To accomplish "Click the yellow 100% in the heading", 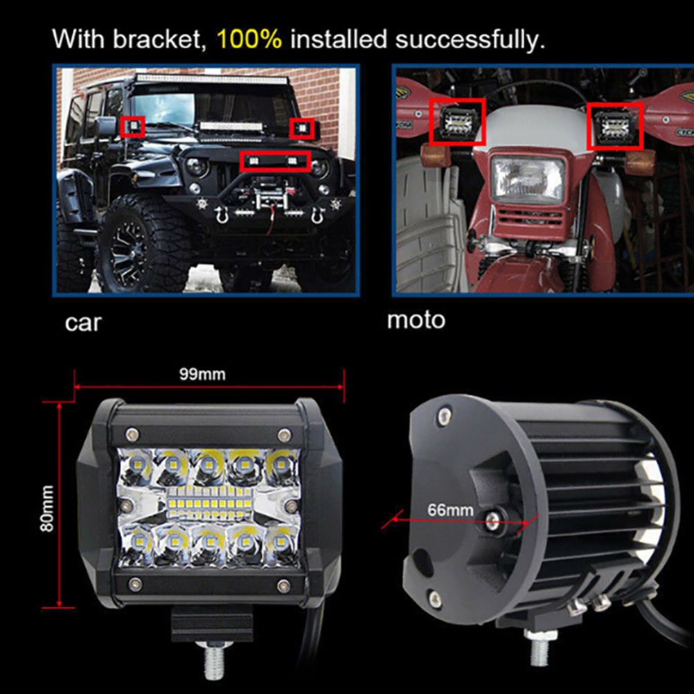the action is pyautogui.click(x=249, y=39).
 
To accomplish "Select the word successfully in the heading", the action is pyautogui.click(x=470, y=40).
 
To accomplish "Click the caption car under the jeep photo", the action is pyautogui.click(x=83, y=323).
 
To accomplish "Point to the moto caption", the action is pyautogui.click(x=416, y=319).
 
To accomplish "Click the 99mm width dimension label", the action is pyautogui.click(x=202, y=375).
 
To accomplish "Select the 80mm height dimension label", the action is pyautogui.click(x=47, y=508).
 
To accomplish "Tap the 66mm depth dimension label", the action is pyautogui.click(x=450, y=510).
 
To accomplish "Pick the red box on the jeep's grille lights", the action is pyautogui.click(x=275, y=161).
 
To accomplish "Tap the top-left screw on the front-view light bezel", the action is pyautogui.click(x=132, y=433).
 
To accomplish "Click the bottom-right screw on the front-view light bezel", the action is pyautogui.click(x=284, y=586).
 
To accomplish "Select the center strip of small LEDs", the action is pyautogui.click(x=210, y=504).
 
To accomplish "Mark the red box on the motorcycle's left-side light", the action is pyautogui.click(x=457, y=122).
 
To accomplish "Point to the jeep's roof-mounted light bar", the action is pyautogui.click(x=211, y=80).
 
